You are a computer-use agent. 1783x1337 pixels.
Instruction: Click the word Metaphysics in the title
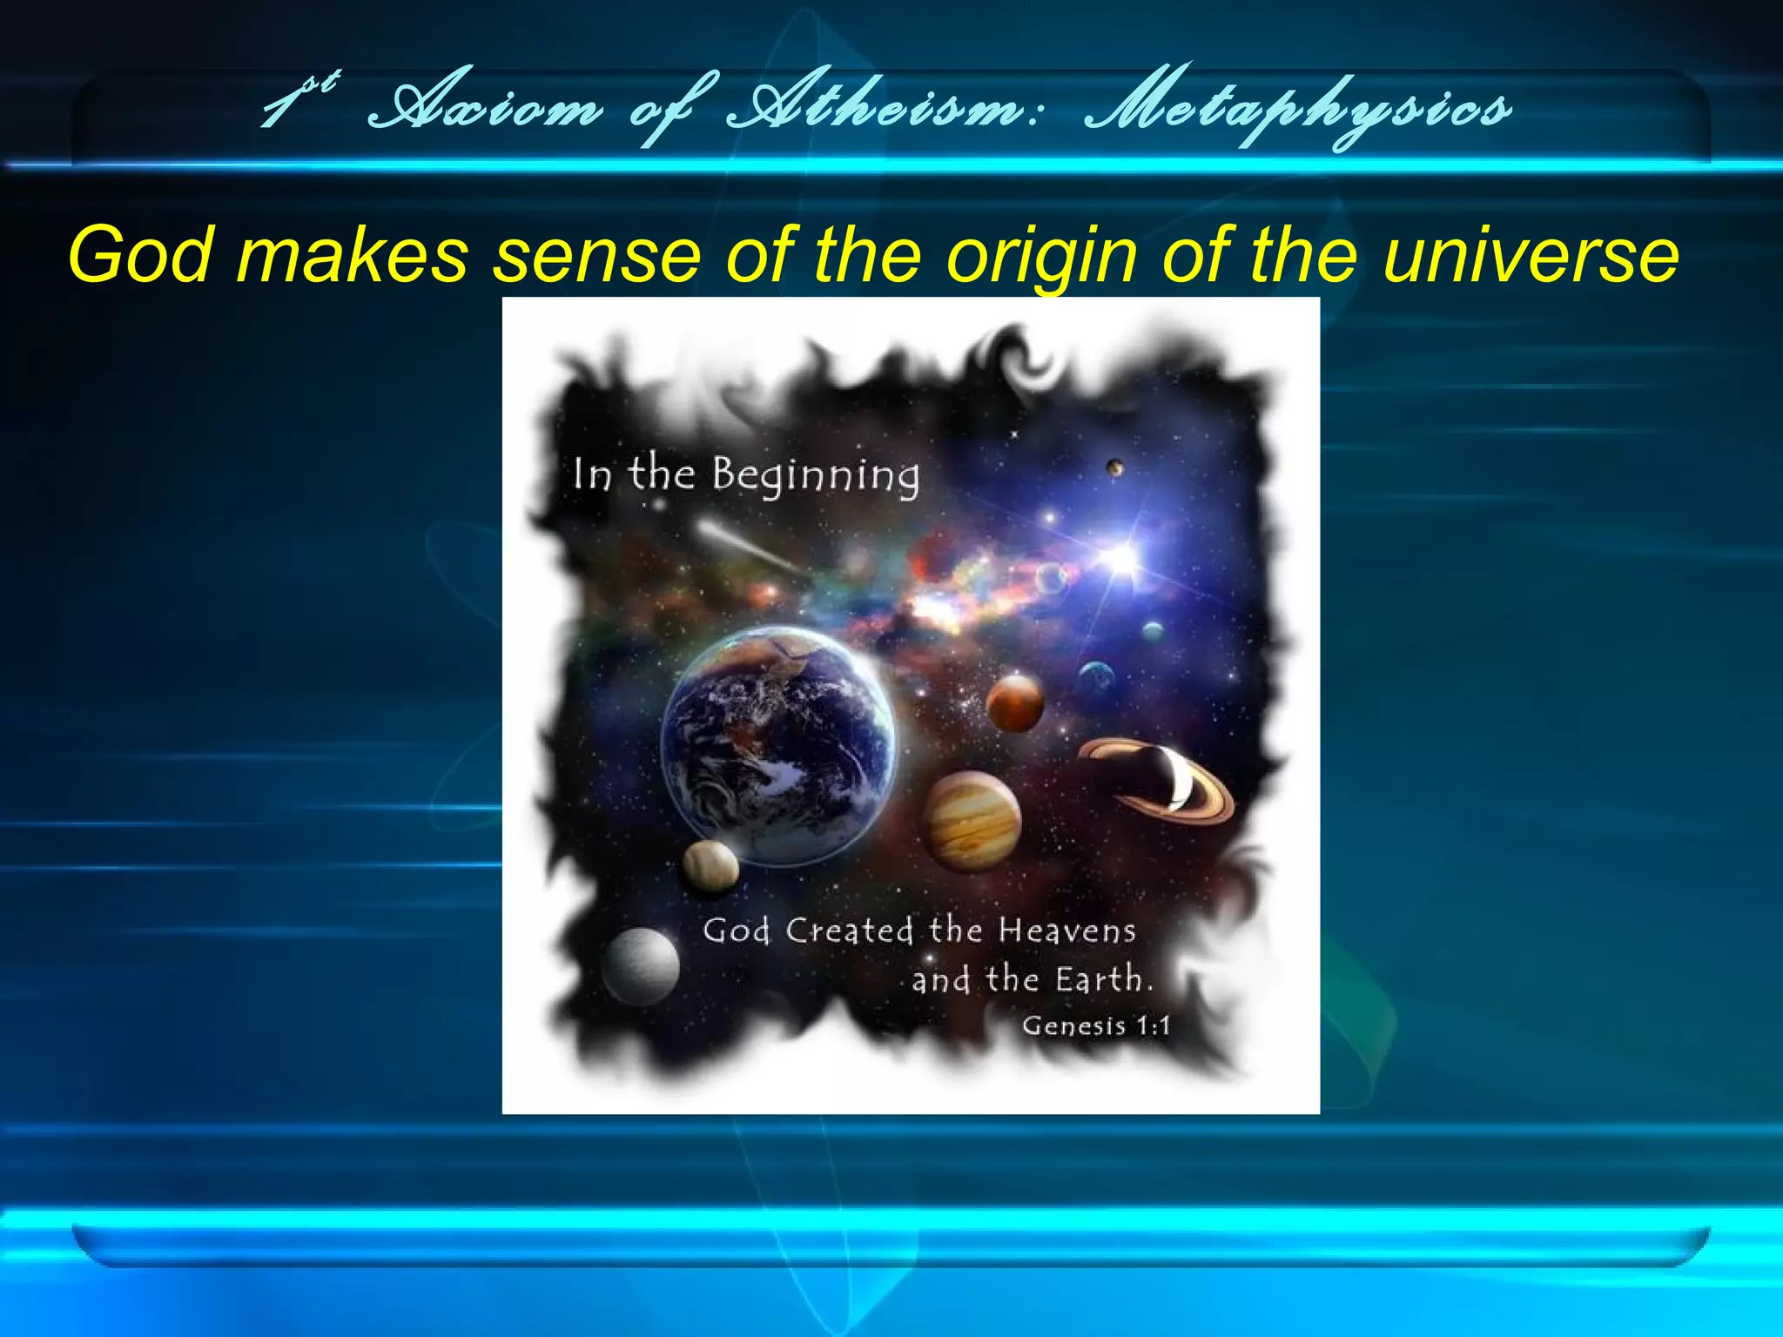tap(1297, 110)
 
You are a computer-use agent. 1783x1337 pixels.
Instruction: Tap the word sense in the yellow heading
tap(597, 255)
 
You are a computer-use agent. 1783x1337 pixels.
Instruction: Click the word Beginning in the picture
tap(816, 476)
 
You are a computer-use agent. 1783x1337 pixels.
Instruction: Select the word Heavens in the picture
tap(1066, 931)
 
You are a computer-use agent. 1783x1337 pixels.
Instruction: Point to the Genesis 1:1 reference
tap(1096, 1025)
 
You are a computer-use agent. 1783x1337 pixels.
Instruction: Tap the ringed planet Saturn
tap(1157, 780)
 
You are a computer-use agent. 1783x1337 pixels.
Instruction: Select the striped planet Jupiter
tap(972, 820)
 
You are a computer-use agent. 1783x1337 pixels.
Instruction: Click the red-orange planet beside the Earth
tap(1015, 703)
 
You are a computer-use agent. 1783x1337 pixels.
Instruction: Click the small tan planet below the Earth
tap(710, 866)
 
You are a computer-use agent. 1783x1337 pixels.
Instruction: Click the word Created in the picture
tap(850, 931)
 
